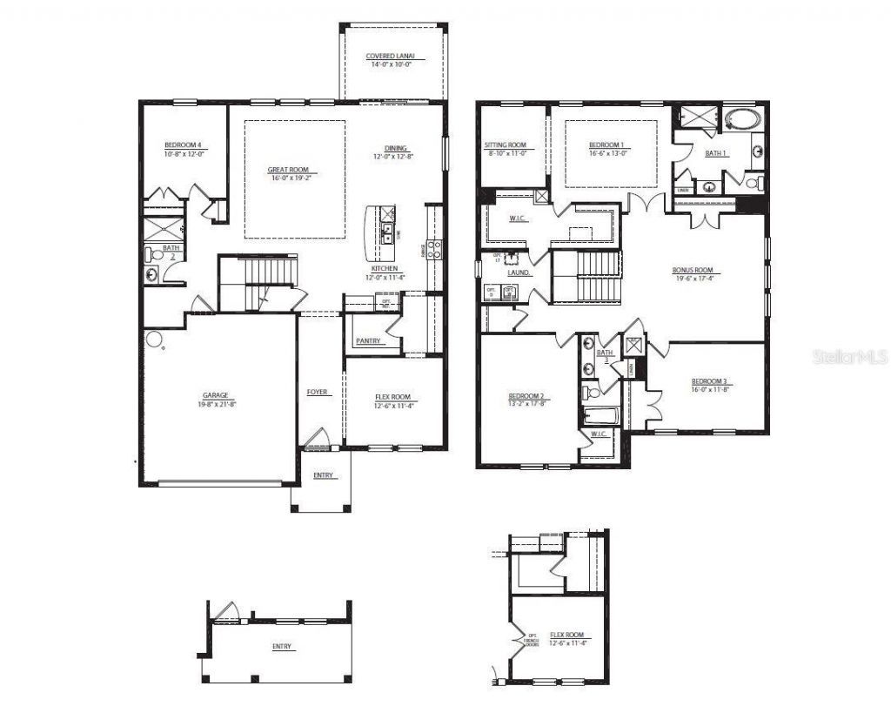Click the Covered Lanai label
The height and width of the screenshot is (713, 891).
click(390, 57)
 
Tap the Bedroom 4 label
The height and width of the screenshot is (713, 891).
click(184, 145)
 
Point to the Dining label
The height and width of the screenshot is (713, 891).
click(396, 148)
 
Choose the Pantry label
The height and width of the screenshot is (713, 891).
click(368, 341)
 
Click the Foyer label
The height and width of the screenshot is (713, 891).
click(318, 393)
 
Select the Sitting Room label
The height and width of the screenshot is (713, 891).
click(506, 145)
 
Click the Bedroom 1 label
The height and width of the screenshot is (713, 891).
click(606, 145)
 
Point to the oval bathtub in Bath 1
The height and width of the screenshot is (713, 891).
click(741, 120)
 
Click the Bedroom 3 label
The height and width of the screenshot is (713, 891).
click(710, 381)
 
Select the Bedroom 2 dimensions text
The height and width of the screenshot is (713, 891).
click(527, 403)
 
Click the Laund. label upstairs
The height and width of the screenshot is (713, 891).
click(519, 272)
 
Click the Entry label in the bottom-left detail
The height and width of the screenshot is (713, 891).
click(281, 647)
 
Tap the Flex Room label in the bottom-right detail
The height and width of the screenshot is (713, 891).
click(567, 635)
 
